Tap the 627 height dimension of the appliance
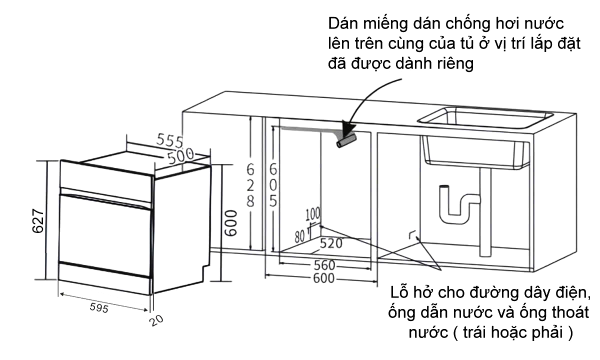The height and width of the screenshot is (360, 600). pyautogui.click(x=38, y=220)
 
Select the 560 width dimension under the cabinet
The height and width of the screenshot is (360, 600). pyautogui.click(x=325, y=264)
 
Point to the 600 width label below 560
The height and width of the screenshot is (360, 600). pyautogui.click(x=324, y=278)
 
